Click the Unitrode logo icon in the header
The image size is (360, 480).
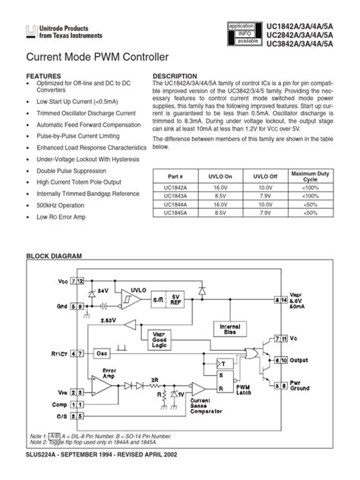tap(30, 31)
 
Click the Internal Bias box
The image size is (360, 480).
tap(229, 329)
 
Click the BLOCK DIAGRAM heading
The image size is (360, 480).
tap(54, 257)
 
